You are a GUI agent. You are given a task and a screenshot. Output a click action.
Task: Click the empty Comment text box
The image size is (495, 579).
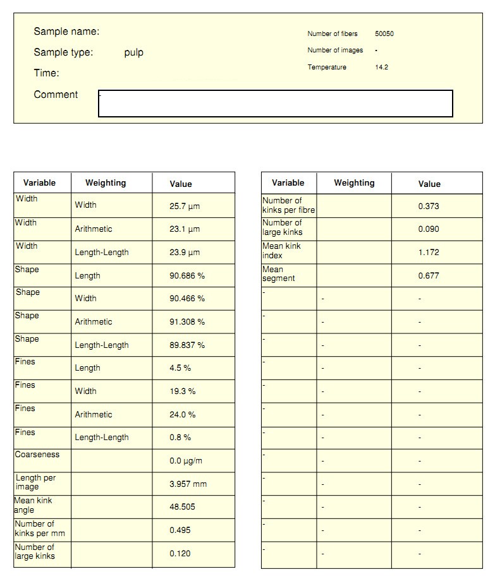pos(276,104)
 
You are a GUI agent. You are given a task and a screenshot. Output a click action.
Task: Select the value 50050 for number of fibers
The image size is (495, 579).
pos(384,34)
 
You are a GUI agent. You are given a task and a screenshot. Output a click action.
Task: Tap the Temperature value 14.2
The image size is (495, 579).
pos(382,67)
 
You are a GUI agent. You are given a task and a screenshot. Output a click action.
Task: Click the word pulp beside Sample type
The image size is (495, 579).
pos(134,52)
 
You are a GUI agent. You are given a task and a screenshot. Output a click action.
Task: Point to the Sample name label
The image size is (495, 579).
pos(66,32)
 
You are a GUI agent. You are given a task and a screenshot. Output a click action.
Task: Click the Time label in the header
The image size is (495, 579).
pos(46,73)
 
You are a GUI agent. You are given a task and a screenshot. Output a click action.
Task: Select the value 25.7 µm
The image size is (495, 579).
pos(185,206)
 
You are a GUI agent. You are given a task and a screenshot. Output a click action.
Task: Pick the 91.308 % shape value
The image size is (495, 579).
pos(187,322)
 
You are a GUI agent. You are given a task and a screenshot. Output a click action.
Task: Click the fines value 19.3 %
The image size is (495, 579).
pos(183,391)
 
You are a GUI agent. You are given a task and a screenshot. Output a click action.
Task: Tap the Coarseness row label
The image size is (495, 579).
pos(37,454)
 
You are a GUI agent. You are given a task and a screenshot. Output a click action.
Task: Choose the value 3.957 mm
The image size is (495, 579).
pos(188,484)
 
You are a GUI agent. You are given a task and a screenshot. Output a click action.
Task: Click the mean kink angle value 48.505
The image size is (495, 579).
pos(182,507)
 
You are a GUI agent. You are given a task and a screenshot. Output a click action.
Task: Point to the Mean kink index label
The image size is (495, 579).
pos(281,251)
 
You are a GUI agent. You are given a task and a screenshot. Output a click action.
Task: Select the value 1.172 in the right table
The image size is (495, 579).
pos(429,253)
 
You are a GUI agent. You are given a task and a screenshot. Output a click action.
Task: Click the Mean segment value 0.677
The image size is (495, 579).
pos(429,276)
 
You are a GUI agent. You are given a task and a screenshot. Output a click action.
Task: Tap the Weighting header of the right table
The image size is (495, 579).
pos(354,183)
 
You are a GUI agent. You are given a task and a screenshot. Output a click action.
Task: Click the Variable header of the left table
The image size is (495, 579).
pos(39,183)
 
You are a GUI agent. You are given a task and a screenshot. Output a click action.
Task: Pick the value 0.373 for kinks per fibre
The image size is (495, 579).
pos(429,206)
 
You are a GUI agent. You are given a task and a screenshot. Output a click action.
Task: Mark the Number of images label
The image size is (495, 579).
pos(335,51)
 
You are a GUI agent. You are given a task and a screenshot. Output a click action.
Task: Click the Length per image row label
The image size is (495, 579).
pos(35,482)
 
